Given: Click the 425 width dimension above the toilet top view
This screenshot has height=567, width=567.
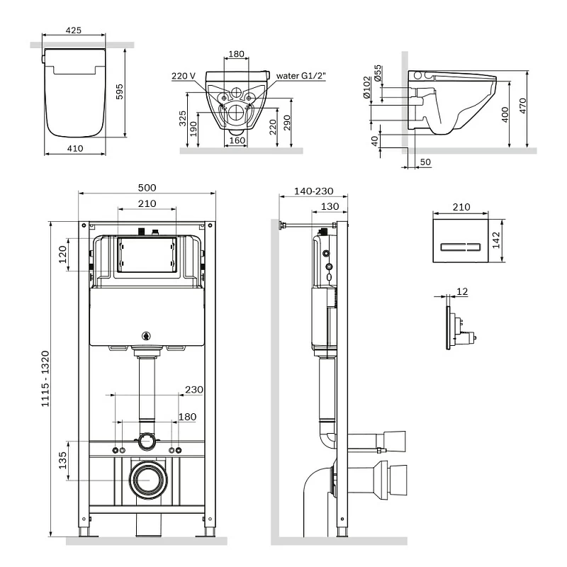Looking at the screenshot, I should [x=73, y=30].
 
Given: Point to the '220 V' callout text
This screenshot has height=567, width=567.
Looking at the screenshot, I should [x=184, y=75].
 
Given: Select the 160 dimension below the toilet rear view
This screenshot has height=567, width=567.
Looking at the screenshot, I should [x=237, y=140].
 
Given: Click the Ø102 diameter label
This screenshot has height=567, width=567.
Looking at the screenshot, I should [x=366, y=88].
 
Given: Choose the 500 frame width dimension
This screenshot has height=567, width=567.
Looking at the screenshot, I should [x=147, y=188].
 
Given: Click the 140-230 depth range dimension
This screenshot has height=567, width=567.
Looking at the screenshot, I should [x=312, y=192].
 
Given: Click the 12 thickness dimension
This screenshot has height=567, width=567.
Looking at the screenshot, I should [x=463, y=292].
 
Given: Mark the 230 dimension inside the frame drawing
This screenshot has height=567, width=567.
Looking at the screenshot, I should [x=193, y=389].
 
